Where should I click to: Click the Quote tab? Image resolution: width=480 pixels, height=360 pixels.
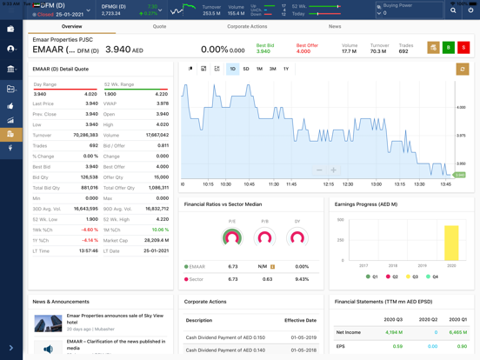[160, 27]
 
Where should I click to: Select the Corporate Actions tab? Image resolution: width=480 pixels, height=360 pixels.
[247, 27]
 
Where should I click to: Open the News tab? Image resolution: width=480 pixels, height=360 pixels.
[335, 27]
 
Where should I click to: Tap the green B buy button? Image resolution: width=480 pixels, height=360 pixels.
[449, 48]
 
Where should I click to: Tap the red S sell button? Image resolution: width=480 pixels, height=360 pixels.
[463, 48]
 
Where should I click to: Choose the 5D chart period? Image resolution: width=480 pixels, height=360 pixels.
[246, 69]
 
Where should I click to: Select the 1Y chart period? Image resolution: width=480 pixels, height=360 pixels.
[286, 69]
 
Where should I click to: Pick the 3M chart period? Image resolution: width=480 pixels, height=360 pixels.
[273, 69]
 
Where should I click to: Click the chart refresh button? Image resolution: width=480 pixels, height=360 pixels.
[463, 69]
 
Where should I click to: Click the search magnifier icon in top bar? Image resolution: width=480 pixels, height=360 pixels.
[452, 10]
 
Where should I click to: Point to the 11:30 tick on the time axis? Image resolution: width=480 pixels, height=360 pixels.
[273, 184]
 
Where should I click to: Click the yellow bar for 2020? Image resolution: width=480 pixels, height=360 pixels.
[451, 243]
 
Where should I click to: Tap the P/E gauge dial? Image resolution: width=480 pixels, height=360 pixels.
[232, 237]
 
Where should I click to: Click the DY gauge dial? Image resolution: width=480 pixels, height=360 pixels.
[297, 237]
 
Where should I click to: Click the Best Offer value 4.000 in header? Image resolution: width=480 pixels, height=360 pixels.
[303, 51]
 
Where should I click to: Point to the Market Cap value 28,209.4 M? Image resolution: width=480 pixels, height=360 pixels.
[157, 240]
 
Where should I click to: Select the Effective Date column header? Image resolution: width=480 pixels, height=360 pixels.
[300, 320]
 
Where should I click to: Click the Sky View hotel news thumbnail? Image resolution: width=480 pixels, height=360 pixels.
[48, 324]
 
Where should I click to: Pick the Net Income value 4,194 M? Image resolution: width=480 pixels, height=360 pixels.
[393, 332]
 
